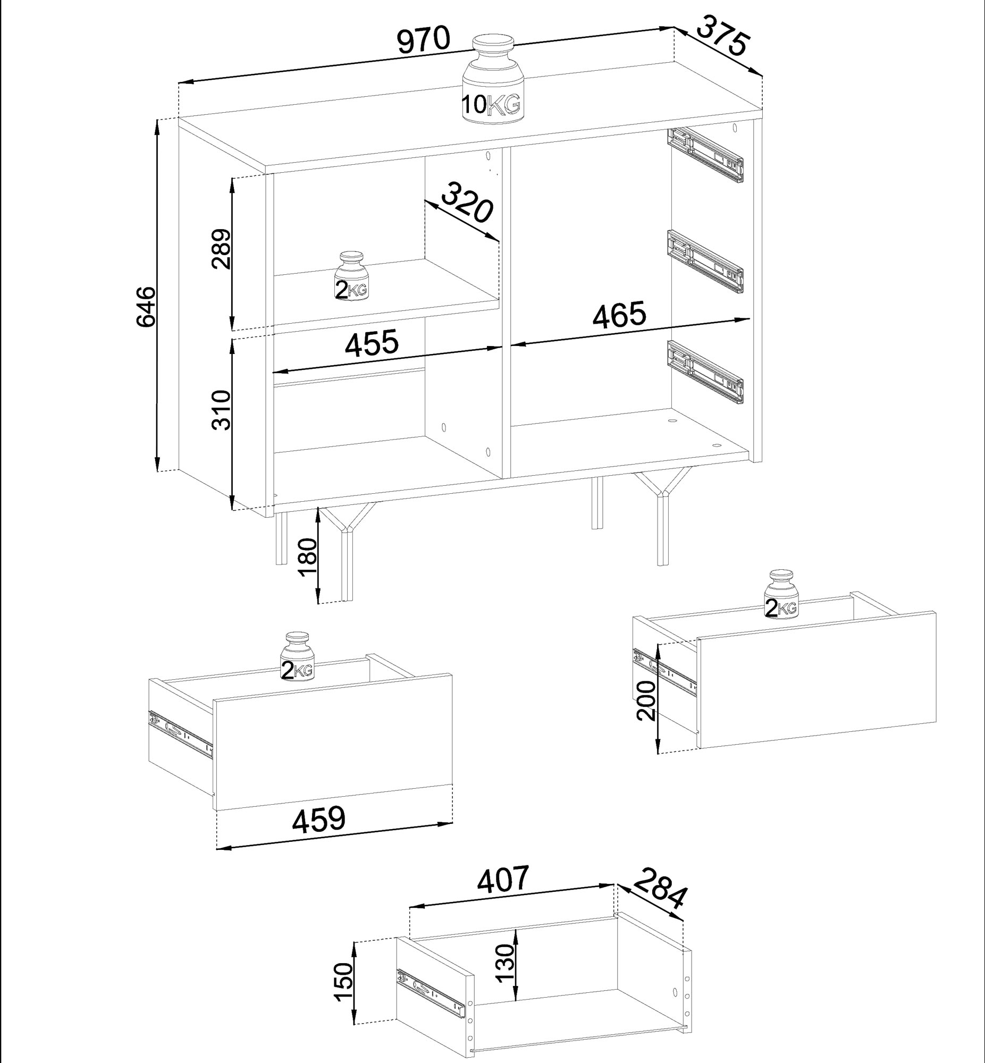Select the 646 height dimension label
click(x=145, y=306)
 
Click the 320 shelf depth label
click(x=466, y=202)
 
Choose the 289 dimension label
click(x=220, y=249)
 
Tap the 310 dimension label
click(x=221, y=410)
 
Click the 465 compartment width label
click(x=619, y=315)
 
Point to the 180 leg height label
click(x=309, y=558)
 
